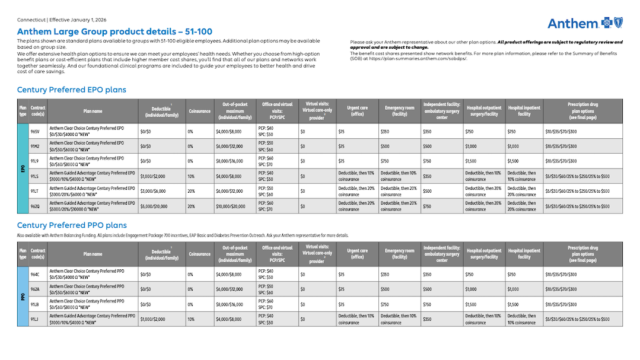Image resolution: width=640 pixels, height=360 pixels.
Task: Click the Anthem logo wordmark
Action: click(572, 24)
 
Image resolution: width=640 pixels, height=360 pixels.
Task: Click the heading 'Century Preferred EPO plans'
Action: click(71, 90)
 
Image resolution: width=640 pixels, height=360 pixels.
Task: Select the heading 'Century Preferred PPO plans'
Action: click(71, 225)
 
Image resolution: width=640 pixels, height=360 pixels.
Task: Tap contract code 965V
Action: click(35, 131)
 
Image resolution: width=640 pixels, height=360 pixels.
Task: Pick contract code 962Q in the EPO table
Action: click(35, 206)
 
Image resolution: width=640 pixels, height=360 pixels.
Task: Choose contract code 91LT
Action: click(35, 191)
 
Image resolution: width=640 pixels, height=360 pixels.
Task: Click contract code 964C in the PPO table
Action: click(35, 275)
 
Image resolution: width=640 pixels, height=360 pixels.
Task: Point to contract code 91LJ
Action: click(35, 319)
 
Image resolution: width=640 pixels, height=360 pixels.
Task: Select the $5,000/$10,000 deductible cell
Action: click(154, 206)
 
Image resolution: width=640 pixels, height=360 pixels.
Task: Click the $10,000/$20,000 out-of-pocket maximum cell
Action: click(231, 206)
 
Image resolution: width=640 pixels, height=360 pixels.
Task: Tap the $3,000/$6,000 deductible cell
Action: click(153, 191)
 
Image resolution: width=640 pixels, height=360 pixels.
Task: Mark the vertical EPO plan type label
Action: click(23, 168)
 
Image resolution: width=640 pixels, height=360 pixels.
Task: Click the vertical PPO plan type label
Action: click(23, 297)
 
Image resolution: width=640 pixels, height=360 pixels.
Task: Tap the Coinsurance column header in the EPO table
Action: click(199, 111)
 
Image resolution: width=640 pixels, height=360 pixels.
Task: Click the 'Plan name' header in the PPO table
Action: click(93, 254)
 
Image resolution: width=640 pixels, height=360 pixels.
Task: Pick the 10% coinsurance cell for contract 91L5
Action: click(191, 176)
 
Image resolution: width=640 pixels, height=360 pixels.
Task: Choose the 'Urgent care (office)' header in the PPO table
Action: click(357, 254)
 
